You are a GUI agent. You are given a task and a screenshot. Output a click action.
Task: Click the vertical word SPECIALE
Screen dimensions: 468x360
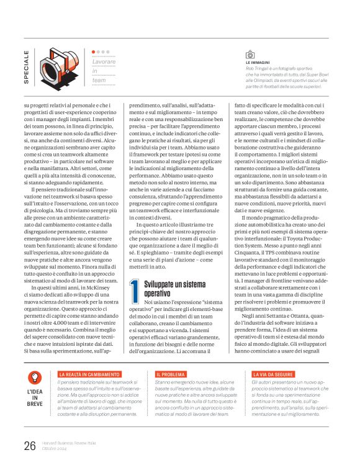point(26,67)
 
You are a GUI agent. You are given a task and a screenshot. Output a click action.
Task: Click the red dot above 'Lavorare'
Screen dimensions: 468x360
point(94,52)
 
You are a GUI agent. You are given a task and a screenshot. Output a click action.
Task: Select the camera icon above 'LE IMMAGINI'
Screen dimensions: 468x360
point(251,55)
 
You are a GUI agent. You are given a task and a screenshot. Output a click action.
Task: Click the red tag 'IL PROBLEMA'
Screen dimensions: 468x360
point(171,375)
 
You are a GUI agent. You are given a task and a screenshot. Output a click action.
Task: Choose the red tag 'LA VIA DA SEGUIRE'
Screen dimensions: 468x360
point(273,375)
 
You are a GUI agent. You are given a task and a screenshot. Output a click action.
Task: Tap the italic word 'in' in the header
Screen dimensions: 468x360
point(95,72)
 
